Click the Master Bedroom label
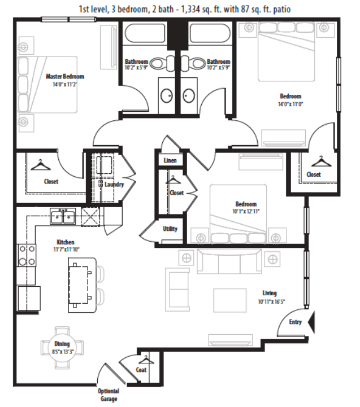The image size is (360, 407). (x=64, y=76)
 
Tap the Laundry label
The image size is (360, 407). (x=114, y=185)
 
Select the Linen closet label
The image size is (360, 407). (x=170, y=161)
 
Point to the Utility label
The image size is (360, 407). (x=170, y=229)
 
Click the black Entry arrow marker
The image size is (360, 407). (x=311, y=322)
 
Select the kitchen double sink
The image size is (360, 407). (x=63, y=215)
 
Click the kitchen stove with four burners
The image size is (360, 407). (x=26, y=255)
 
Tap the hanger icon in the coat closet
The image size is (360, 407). (x=146, y=359)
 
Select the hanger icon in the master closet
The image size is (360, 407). (x=40, y=165)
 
